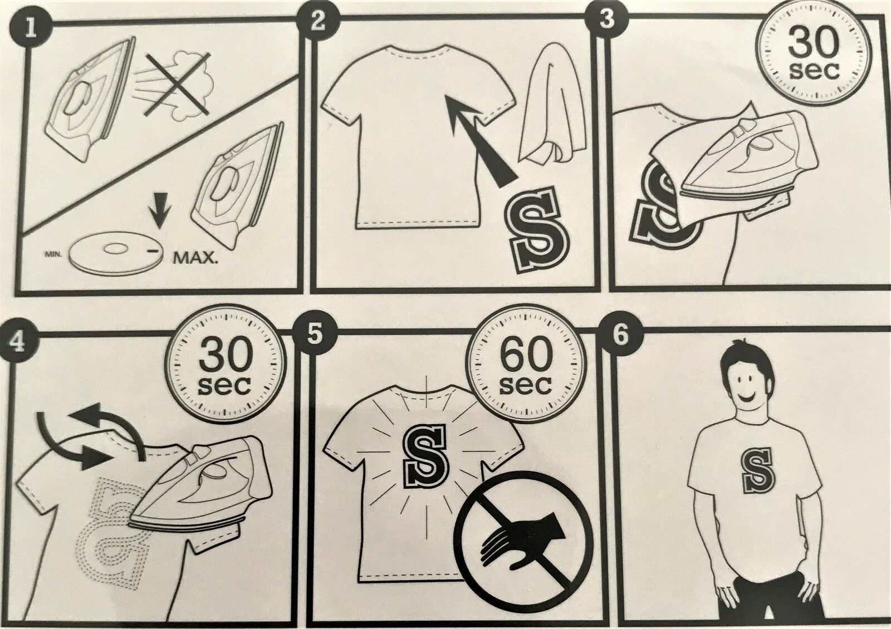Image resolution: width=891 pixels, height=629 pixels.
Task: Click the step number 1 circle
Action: click(x=31, y=28)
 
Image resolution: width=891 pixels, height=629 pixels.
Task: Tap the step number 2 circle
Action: click(x=318, y=22)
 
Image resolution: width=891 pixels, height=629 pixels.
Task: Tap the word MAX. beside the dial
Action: click(x=196, y=259)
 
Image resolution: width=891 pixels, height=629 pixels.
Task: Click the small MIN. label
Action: click(x=52, y=254)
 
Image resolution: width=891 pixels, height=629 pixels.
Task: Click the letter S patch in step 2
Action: click(x=538, y=230)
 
